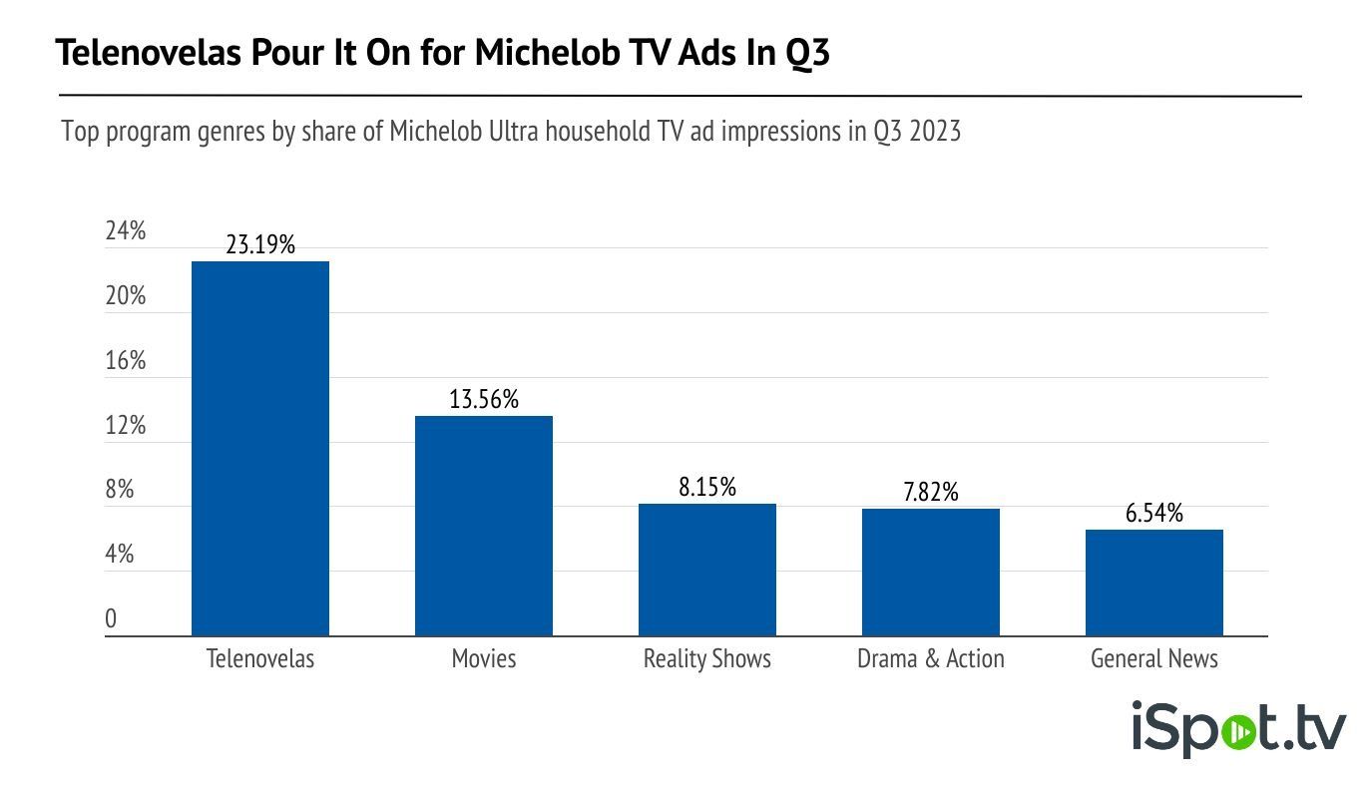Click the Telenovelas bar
[259, 449]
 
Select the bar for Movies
[483, 526]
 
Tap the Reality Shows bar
[706, 570]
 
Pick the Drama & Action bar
[930, 573]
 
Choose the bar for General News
[1153, 583]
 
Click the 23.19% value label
[259, 245]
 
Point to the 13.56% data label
[483, 400]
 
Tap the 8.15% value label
[706, 488]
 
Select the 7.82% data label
[930, 493]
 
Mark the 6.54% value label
[1153, 514]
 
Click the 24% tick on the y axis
[126, 231]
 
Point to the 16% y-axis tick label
[126, 361]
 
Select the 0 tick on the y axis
[111, 619]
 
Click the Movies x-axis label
[483, 659]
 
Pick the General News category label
[1153, 659]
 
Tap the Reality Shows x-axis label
[706, 659]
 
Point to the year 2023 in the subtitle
[934, 132]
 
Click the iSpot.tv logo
[1237, 729]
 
